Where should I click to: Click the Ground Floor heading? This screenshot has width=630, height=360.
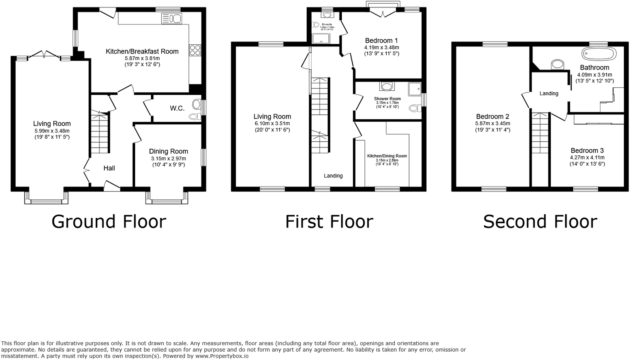109,222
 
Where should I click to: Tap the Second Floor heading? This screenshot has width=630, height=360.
540,222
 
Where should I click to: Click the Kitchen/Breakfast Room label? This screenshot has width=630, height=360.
142,51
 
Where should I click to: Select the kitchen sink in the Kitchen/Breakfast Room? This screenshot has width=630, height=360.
172,19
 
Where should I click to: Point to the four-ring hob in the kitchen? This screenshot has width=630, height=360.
195,50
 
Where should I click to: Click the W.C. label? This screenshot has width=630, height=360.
177,109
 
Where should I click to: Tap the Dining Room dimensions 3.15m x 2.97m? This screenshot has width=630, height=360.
168,159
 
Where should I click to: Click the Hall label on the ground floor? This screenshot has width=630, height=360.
109,168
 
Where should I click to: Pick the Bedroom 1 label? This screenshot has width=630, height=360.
381,41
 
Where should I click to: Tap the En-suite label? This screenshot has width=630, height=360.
327,24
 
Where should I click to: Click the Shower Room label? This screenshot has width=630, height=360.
387,99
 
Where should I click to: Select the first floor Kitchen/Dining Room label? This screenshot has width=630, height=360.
387,156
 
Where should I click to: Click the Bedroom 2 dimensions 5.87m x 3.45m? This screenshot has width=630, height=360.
492,123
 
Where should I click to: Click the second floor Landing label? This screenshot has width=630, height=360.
549,93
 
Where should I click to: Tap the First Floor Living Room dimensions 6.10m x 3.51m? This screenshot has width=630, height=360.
272,123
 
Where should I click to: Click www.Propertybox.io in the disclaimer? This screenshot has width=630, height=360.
222,356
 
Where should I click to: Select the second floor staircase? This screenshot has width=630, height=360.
540,133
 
